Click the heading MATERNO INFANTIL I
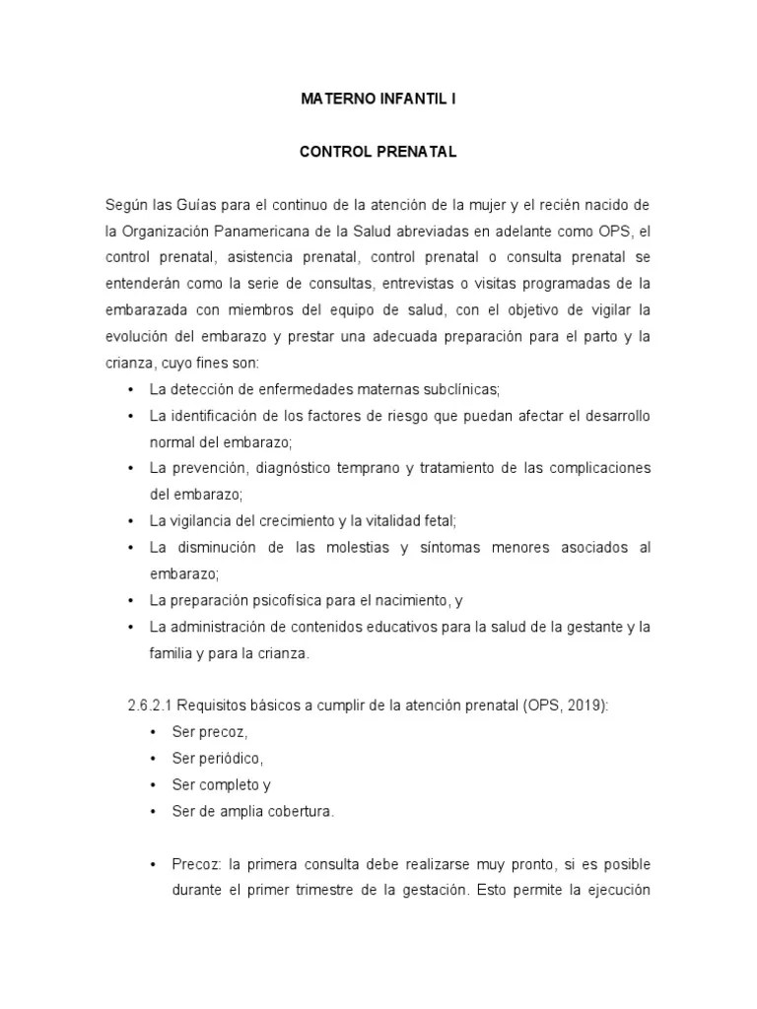tap(378, 100)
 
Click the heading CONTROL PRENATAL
tap(378, 153)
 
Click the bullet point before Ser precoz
tap(153, 732)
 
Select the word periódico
tap(221, 759)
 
